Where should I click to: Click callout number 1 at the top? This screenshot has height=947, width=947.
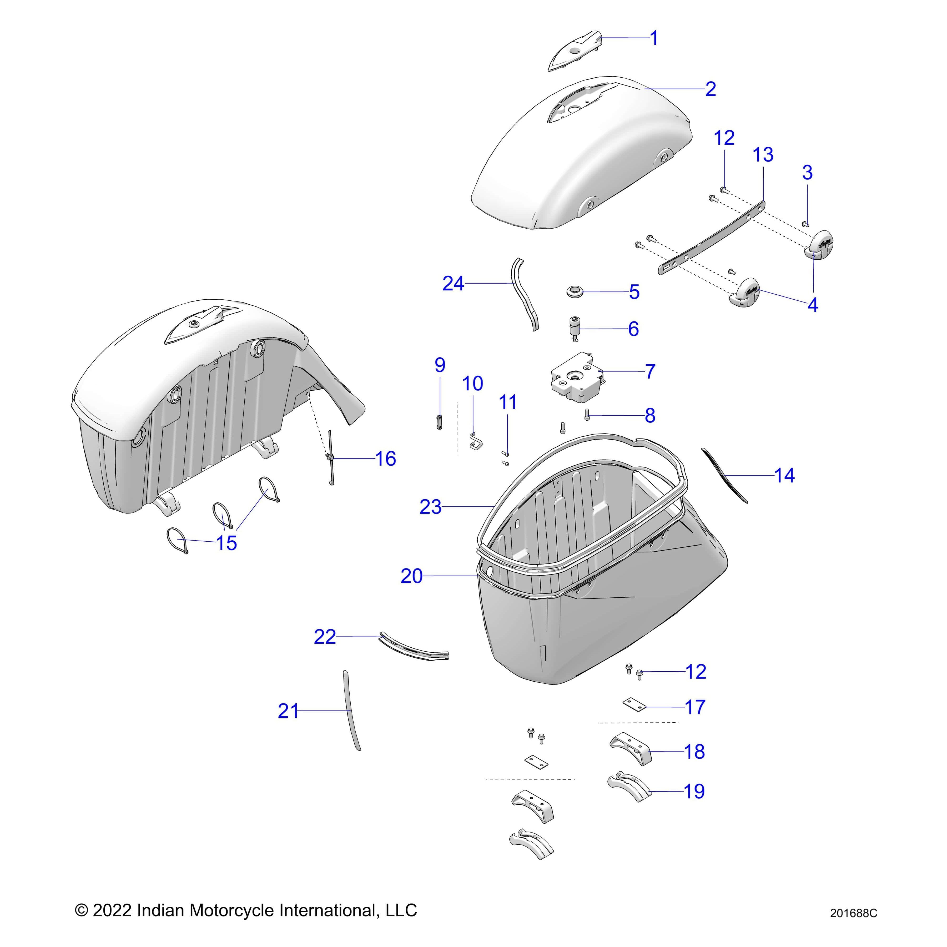tap(654, 38)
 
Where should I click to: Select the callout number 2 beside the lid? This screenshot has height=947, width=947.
tap(710, 89)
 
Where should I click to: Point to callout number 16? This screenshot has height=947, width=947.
tap(385, 459)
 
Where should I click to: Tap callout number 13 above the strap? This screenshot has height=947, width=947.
tap(763, 155)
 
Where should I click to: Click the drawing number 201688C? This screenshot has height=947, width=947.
tap(853, 913)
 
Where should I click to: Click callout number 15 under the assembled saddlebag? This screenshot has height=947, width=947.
tap(226, 543)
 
